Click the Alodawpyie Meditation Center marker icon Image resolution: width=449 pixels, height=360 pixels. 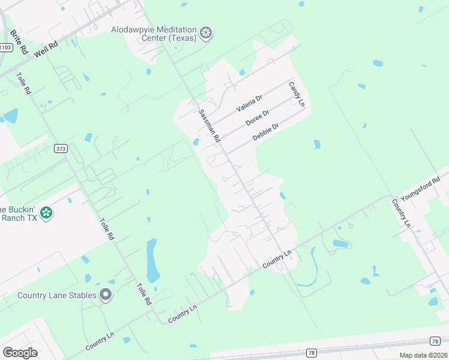click(206, 34)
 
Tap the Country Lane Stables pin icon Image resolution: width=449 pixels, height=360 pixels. click(106, 295)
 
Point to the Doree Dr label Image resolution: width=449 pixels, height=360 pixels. click(258, 117)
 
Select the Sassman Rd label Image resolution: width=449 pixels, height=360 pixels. click(209, 125)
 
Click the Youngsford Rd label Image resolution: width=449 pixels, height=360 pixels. click(417, 187)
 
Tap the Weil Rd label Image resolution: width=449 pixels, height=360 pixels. click(46, 50)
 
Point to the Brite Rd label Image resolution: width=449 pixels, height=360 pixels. click(20, 42)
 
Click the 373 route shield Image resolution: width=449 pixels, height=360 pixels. click(60, 149)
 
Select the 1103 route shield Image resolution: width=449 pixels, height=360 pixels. click(5, 46)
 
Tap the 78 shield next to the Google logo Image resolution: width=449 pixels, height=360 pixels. click(311, 353)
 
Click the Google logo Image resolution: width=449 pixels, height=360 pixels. click(20, 353)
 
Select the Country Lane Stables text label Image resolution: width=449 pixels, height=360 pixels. click(56, 295)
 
